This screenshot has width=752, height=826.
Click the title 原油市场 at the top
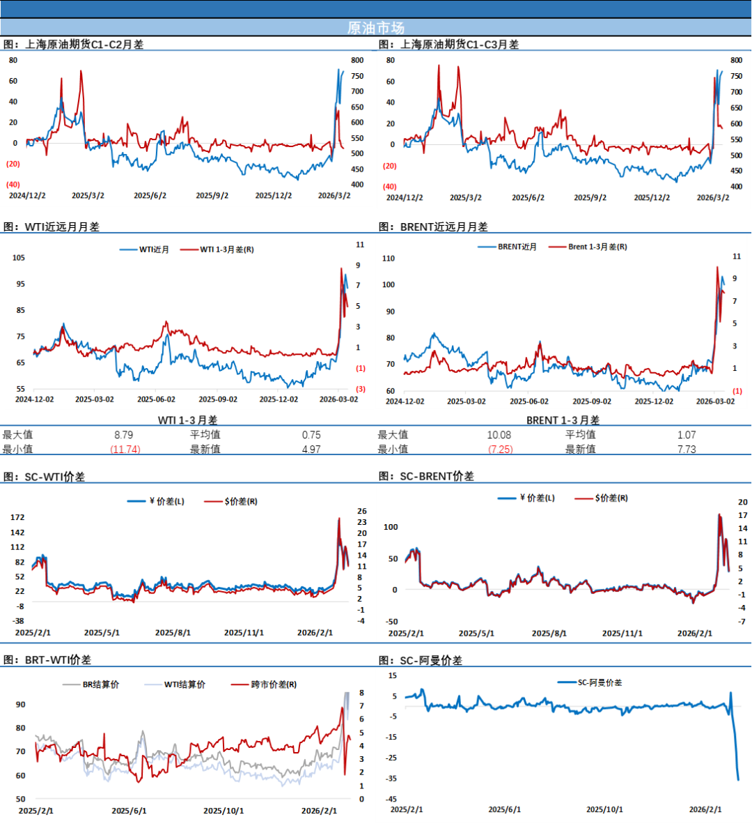pyautogui.click(x=375, y=28)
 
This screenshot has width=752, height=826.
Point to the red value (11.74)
pyautogui.click(x=125, y=450)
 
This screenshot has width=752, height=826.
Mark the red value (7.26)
pyautogui.click(x=501, y=450)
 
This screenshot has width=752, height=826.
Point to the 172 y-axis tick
pyautogui.click(x=17, y=517)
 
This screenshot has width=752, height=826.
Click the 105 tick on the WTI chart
pyautogui.click(x=18, y=258)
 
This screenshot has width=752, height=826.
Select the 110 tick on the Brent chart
pyautogui.click(x=389, y=259)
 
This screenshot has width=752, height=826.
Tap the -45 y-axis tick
pyautogui.click(x=393, y=800)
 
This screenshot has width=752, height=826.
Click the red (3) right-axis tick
pyautogui.click(x=361, y=389)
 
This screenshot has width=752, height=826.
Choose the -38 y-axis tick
pyautogui.click(x=18, y=621)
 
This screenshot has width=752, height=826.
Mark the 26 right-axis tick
pyautogui.click(x=362, y=511)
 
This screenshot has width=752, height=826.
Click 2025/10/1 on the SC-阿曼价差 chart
pyautogui.click(x=604, y=809)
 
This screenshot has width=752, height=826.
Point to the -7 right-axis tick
pyautogui.click(x=742, y=621)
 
